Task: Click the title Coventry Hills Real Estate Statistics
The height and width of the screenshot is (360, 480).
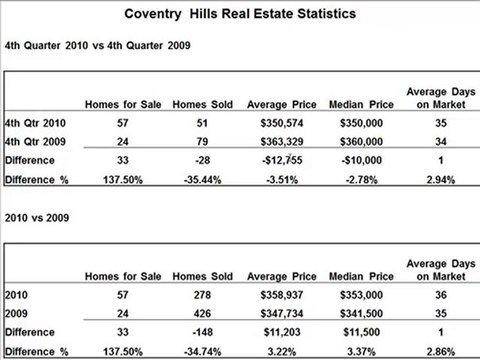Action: [x=240, y=16]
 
